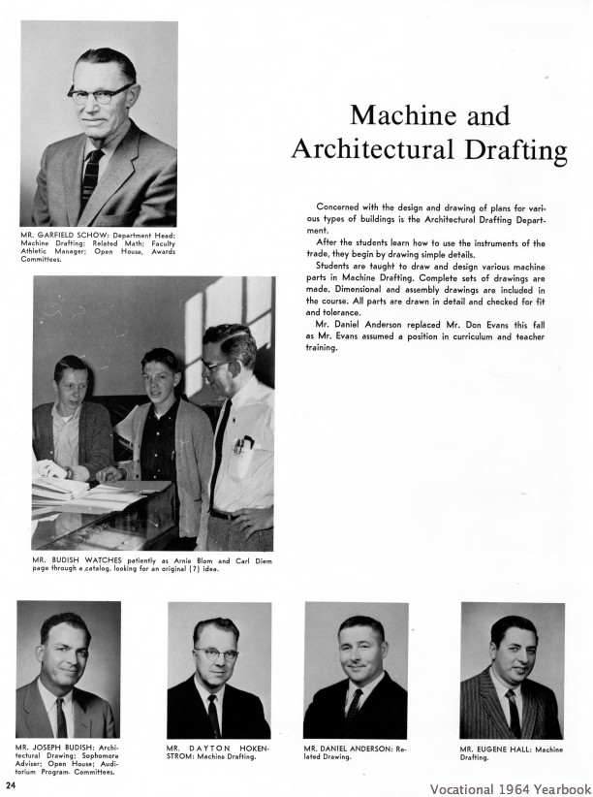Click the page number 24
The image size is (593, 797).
pos(10,783)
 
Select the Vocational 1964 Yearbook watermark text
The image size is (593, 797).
pos(510,788)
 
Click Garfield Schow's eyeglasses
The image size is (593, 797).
pos(100,94)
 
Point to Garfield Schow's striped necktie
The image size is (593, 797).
pos(90,175)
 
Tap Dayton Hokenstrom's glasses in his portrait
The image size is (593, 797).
pos(215,654)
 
